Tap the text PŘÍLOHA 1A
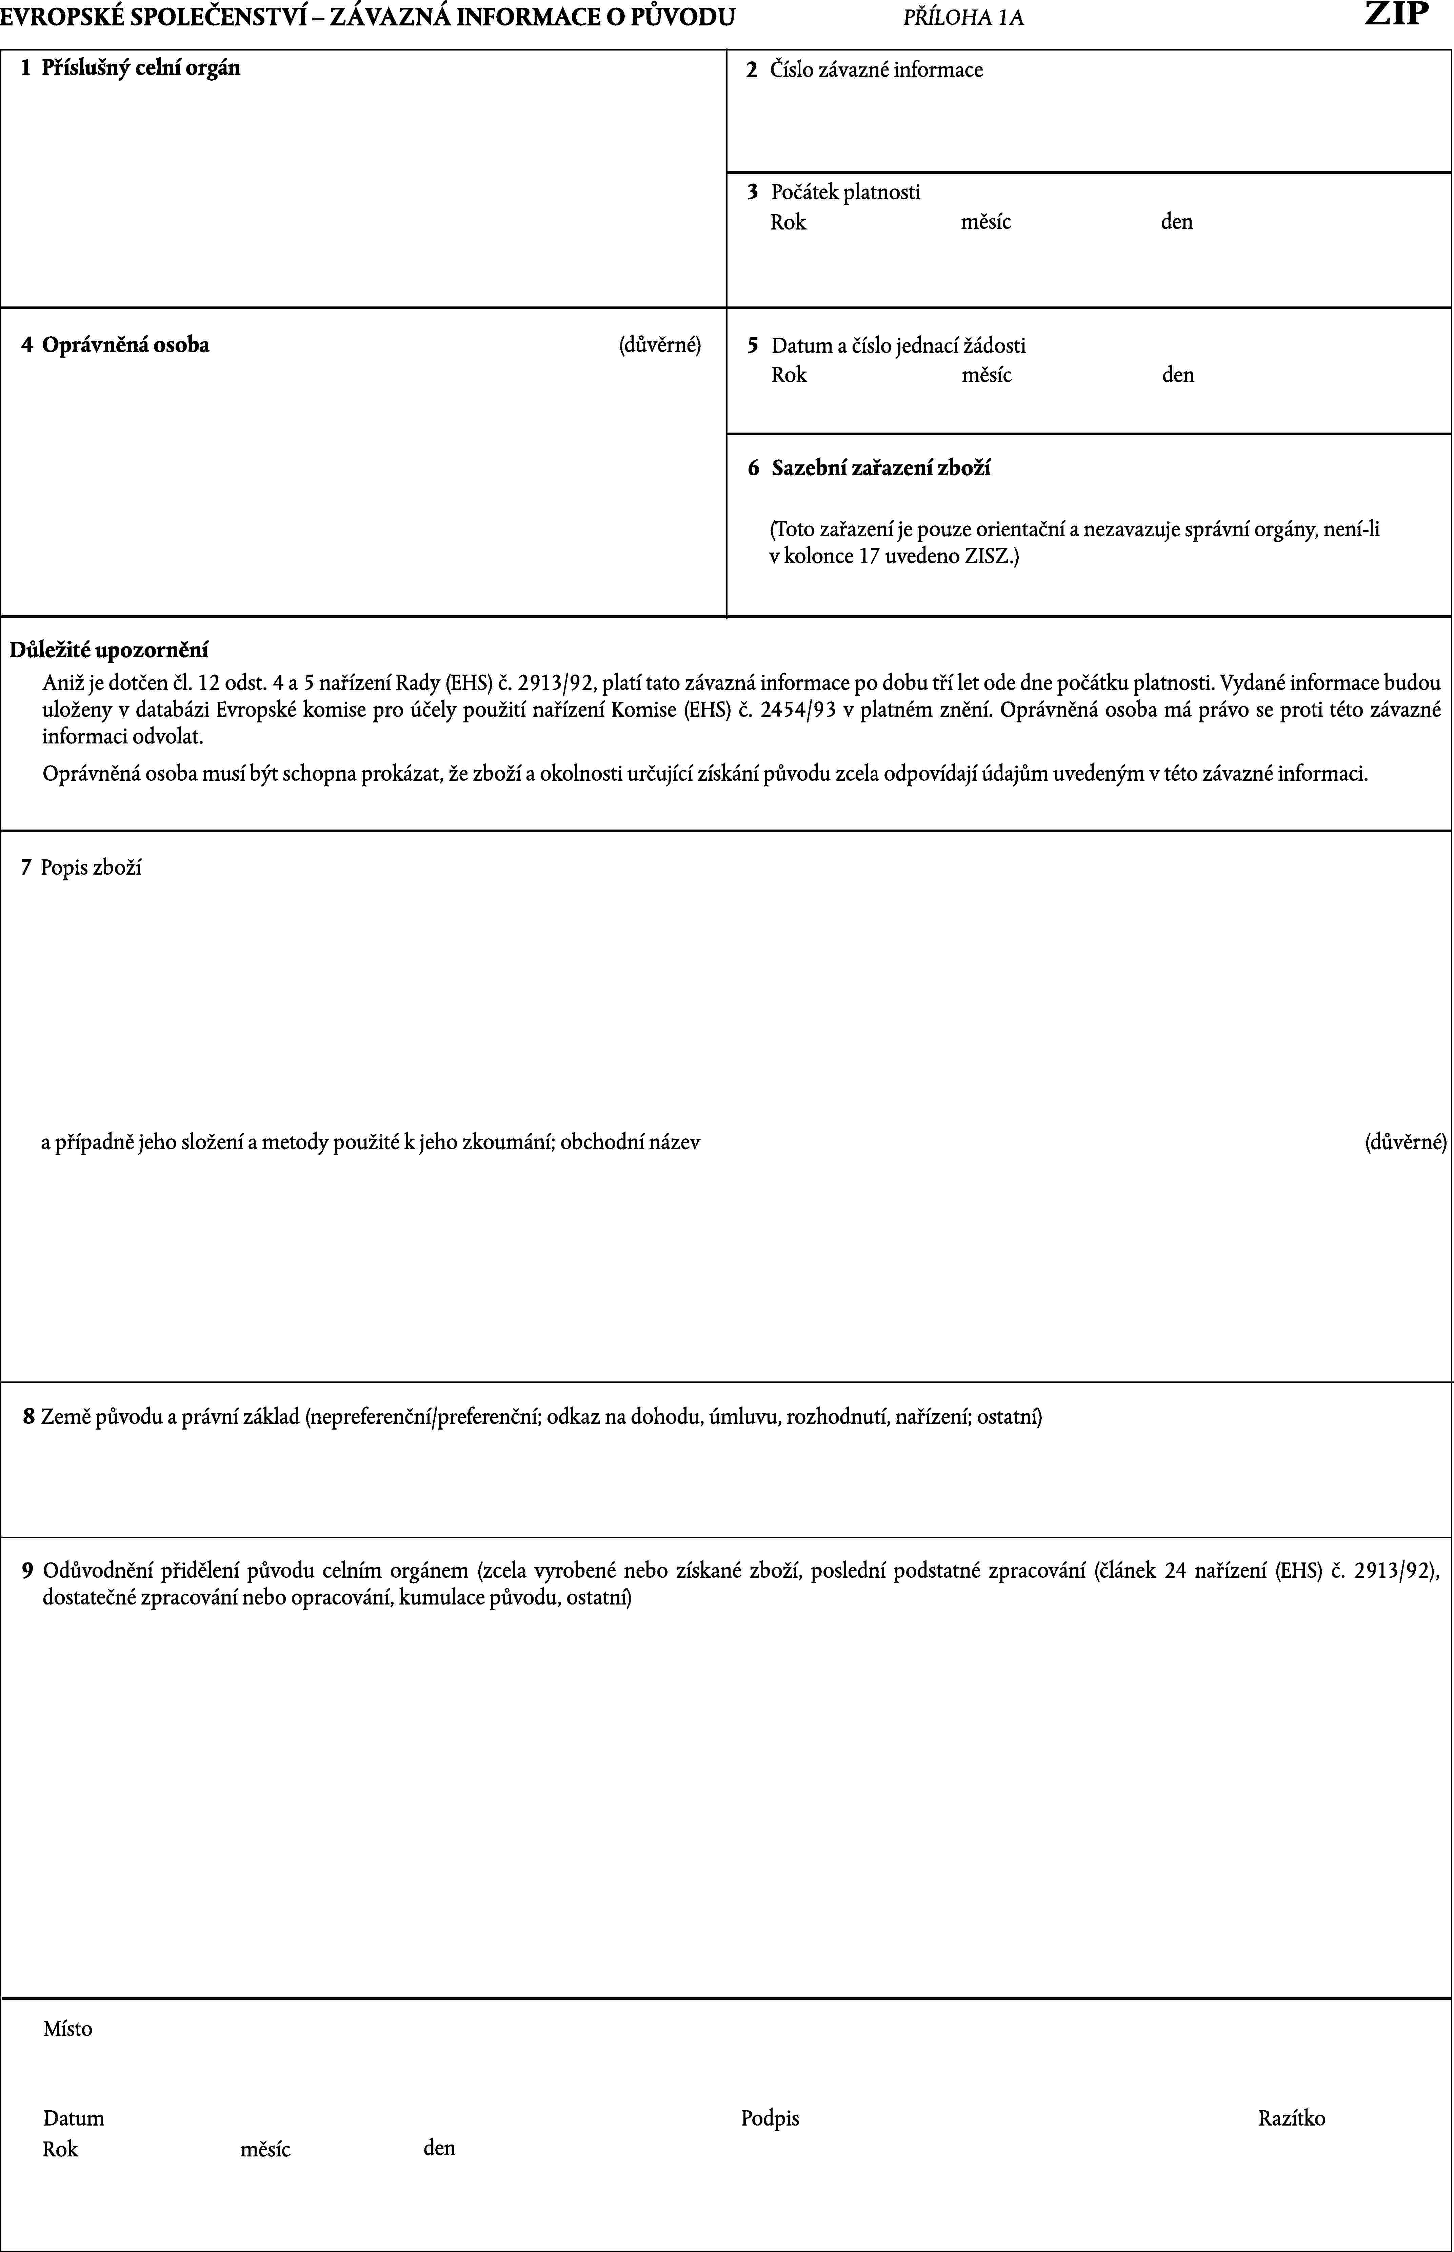coord(963,18)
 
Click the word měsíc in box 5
coord(987,376)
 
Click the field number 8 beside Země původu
coord(29,1416)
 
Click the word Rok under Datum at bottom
coord(60,2149)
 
